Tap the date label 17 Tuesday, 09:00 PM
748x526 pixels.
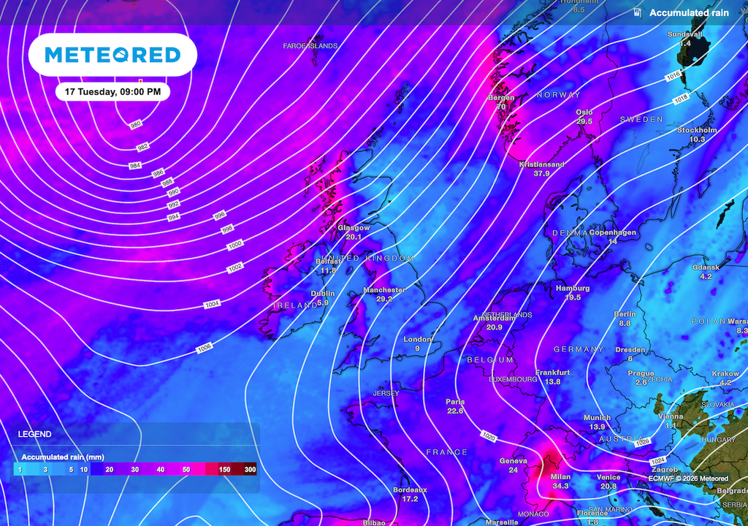112,92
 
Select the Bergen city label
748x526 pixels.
501,97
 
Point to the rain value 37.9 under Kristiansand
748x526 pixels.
541,174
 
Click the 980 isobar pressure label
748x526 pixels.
136,125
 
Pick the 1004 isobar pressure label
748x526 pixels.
212,303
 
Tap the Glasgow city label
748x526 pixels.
354,228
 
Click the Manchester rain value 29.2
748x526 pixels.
384,300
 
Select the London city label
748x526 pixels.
418,339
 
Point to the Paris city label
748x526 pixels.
455,402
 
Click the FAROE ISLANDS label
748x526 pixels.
310,46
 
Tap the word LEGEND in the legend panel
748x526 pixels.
34,434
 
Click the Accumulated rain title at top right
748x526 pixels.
689,13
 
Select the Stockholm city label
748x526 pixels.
697,130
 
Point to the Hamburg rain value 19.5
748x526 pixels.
573,297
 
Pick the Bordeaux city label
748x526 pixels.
410,489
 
